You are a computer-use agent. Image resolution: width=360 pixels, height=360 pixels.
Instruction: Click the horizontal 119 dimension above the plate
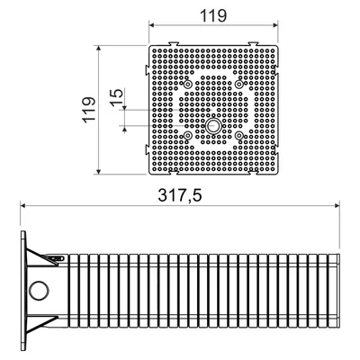213,15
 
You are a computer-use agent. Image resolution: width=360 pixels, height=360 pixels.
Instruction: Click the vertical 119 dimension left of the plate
90,109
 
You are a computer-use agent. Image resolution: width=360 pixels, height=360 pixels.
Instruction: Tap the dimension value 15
117,97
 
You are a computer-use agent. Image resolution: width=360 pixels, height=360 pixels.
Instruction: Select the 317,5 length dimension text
180,196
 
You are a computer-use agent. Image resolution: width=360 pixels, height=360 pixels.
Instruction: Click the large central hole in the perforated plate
213,126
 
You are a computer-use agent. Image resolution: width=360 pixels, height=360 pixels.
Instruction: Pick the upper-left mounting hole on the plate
188,85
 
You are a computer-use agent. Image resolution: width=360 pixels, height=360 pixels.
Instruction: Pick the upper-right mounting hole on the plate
238,85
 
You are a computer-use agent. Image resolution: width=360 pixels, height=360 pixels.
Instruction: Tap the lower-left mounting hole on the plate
188,136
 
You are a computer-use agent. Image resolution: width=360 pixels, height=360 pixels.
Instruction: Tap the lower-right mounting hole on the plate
238,136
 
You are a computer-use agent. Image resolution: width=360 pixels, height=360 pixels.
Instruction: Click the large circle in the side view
39,290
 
